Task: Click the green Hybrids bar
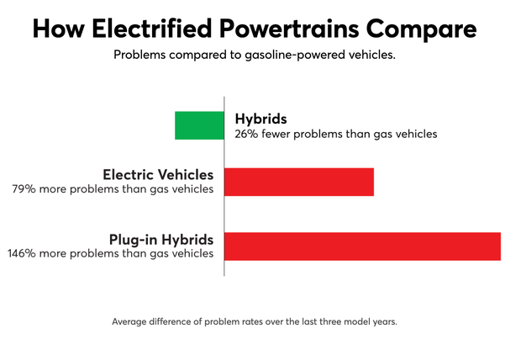(x=199, y=124)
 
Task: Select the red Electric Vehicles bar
(x=299, y=182)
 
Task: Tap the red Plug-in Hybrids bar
(x=362, y=246)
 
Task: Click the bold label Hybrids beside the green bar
(x=261, y=119)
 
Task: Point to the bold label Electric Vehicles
(x=158, y=175)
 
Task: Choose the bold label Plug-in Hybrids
(x=162, y=239)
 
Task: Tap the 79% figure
(x=22, y=189)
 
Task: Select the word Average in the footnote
(x=132, y=321)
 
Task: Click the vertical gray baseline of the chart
(x=224, y=210)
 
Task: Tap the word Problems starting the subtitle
(x=139, y=56)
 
